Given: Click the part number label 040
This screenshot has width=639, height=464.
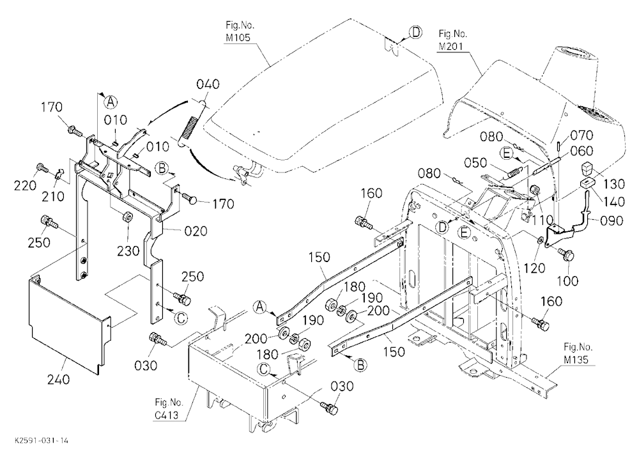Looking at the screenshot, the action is click(x=208, y=84).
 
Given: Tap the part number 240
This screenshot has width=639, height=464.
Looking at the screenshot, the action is click(x=58, y=380).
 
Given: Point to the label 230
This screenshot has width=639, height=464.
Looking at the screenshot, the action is click(x=128, y=251).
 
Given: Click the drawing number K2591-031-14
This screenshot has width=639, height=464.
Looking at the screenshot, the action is click(x=42, y=441).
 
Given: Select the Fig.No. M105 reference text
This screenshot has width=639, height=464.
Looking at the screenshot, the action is click(x=240, y=31).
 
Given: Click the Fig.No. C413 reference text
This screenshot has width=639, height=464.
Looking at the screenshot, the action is click(x=169, y=409).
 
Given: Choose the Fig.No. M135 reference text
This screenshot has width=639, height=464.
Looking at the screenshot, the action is click(x=578, y=353).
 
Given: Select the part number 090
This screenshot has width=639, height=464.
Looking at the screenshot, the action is click(x=612, y=220).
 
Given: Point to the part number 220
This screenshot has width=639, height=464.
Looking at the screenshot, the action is click(x=26, y=186).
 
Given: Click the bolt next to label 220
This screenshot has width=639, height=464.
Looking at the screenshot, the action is click(x=42, y=167).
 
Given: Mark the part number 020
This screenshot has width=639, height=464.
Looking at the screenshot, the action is click(x=196, y=231).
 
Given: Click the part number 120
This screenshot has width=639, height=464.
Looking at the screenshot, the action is click(x=534, y=268).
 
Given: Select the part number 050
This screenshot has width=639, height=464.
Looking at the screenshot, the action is click(x=476, y=163).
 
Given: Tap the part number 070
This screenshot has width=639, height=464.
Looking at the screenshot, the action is click(x=581, y=135).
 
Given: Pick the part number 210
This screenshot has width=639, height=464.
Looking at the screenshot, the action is click(x=53, y=196).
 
